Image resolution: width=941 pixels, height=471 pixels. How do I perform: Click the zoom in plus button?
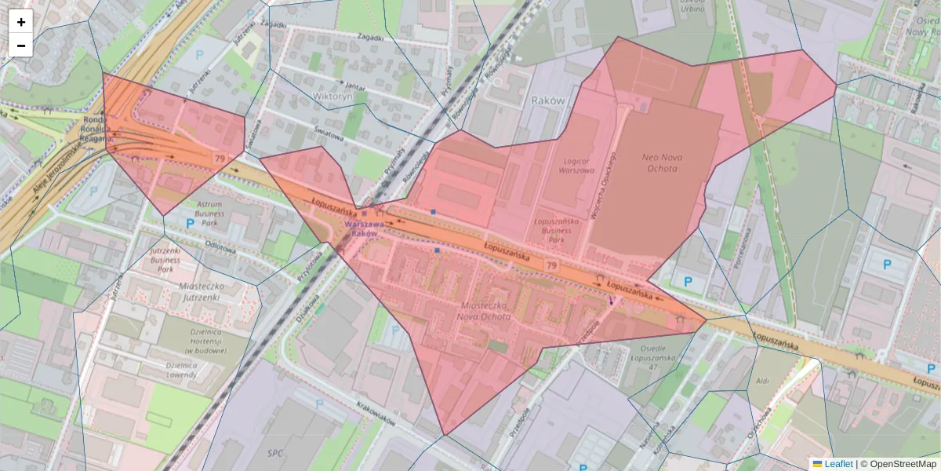click(21, 22)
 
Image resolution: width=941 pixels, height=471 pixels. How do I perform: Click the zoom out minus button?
click(21, 46)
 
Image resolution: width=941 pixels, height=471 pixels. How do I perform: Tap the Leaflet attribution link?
click(837, 464)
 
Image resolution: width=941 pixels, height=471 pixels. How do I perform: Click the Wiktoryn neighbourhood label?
click(329, 96)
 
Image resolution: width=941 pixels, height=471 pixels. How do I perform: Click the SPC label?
click(274, 453)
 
